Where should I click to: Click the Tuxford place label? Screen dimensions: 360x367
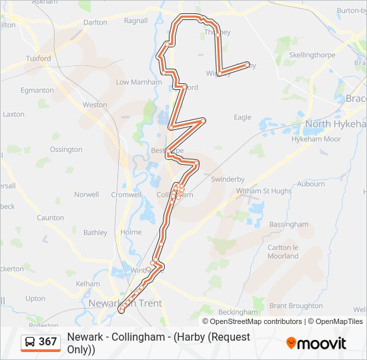pos(38,59)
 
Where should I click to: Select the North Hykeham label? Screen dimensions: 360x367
pos(336,124)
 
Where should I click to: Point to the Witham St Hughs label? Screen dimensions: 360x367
pos(264,191)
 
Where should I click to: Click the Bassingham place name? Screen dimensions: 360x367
pos(288,225)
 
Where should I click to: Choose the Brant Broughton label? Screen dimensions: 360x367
pos(296,306)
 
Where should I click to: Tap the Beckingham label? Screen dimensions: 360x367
pos(238,312)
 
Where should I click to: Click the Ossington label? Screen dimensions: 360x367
pos(66,149)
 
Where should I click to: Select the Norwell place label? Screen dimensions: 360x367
pos(86,195)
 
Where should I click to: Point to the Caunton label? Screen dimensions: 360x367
pos(50,218)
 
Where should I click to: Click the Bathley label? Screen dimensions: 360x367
pos(95,233)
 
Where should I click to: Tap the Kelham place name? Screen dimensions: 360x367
pos(88,284)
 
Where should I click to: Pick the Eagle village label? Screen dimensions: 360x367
pos(242,117)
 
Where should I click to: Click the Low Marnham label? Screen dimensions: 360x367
pos(139,83)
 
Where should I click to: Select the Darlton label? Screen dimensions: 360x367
pos(95,22)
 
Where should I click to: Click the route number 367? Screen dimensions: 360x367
pos(47,342)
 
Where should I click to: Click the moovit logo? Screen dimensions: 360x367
pos(316,343)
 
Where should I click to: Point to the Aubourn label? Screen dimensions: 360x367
pos(311,184)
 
